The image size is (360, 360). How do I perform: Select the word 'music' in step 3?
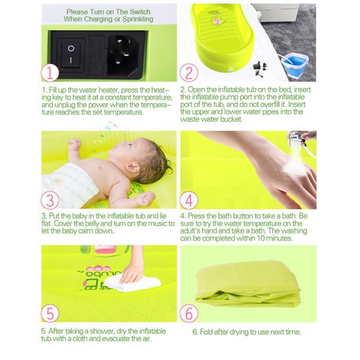142,223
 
